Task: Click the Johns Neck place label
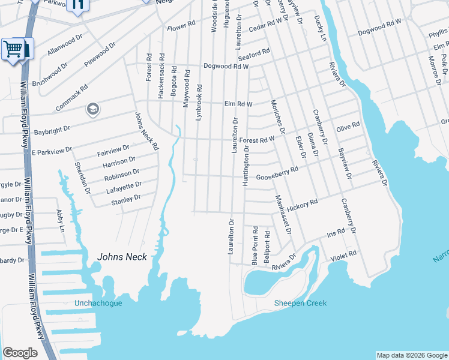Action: coord(122,257)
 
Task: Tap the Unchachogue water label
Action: coord(98,303)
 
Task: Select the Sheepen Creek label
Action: coord(300,303)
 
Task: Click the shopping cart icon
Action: coord(15,49)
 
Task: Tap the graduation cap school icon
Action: coord(92,109)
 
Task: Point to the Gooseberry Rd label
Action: coord(277,173)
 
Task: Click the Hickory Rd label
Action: coord(302,206)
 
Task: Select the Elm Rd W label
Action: coord(238,104)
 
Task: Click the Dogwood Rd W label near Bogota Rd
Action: coord(226,66)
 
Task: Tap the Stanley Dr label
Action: coord(125,199)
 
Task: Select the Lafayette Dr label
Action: coord(124,187)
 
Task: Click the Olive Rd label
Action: coord(348,127)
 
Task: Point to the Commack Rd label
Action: coord(76,95)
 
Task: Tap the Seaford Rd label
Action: coord(255,53)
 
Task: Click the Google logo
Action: coord(20,353)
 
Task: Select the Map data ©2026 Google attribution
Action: coord(412,355)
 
